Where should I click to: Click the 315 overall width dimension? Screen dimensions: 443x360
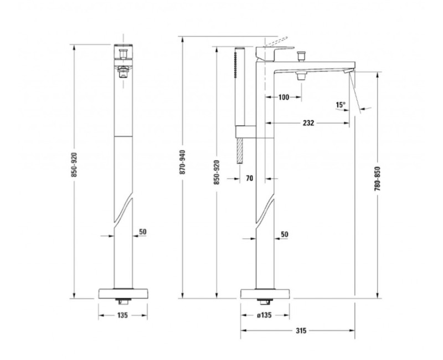click(x=301, y=330)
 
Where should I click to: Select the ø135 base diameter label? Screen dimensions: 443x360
click(x=264, y=315)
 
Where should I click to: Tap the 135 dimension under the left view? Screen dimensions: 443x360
click(x=122, y=315)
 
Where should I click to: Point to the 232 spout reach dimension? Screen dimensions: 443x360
click(x=308, y=123)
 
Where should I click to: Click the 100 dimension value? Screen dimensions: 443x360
click(x=284, y=97)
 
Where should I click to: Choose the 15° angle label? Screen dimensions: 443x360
click(x=341, y=105)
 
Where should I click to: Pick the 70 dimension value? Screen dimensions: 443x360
click(x=250, y=178)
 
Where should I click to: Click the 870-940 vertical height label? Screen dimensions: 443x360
click(x=183, y=162)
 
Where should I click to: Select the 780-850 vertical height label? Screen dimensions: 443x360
click(x=378, y=178)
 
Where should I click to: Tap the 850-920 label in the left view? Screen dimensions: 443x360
click(x=74, y=164)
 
